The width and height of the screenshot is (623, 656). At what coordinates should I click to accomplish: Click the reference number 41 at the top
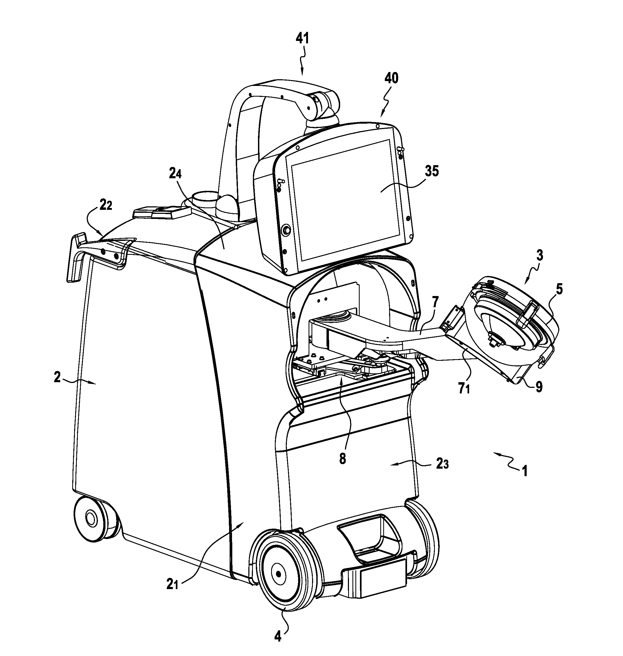tap(302, 39)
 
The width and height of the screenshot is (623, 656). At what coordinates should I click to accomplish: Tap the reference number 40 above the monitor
tap(391, 79)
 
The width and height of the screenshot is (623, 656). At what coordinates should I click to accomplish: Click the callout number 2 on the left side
tap(58, 378)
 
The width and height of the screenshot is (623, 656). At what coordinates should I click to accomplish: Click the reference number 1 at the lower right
tap(525, 471)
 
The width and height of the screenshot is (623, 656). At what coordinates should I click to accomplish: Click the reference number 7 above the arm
tap(435, 302)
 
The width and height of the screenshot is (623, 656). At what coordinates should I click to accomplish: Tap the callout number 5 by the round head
tap(560, 290)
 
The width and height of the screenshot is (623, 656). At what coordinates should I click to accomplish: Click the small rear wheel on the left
tap(96, 519)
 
